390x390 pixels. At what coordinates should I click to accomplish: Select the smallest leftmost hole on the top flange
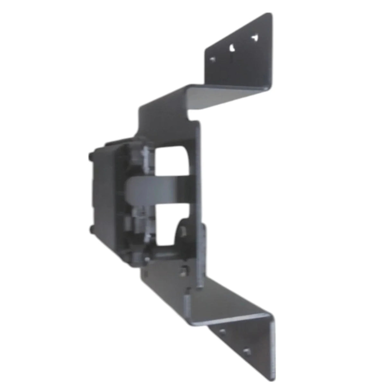[x=212, y=59]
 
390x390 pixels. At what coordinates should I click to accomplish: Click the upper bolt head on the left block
[x=90, y=158]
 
